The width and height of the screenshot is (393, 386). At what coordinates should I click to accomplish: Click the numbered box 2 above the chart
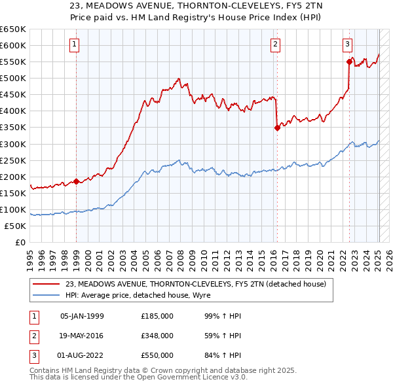coord(275,44)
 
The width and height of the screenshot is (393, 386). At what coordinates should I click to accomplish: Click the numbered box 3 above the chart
coord(347,44)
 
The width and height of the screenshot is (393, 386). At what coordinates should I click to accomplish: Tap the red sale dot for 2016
coord(277,128)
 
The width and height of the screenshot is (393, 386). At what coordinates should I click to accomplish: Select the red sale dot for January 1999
coord(77,181)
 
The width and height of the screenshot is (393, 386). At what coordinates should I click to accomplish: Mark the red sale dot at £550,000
coord(349,61)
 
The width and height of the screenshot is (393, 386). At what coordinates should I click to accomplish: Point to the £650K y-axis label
coord(13,29)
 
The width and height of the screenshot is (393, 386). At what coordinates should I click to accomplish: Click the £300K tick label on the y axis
coord(13,144)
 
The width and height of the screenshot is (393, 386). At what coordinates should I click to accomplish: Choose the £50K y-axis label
coord(15,226)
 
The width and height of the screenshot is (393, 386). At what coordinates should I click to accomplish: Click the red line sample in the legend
coord(46,284)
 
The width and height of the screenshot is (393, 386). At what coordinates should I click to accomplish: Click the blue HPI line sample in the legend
coord(46,295)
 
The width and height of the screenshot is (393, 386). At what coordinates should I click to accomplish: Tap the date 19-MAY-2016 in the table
coord(82,336)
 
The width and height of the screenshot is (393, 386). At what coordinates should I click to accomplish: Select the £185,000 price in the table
coord(157,316)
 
